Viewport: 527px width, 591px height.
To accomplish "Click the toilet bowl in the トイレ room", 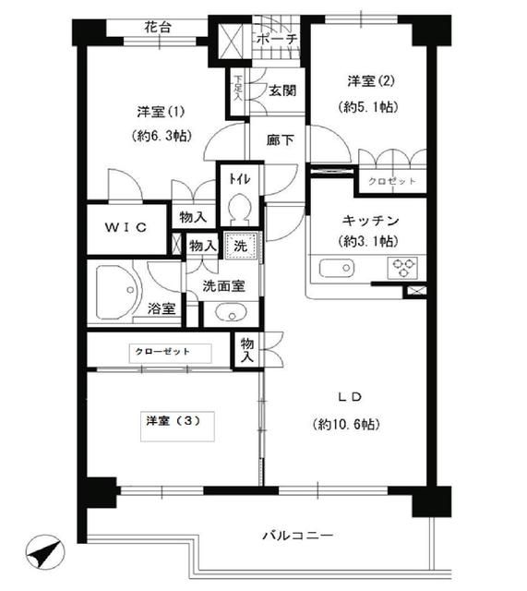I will click(x=237, y=209).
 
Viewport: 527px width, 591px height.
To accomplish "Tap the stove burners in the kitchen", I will click(x=403, y=268).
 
